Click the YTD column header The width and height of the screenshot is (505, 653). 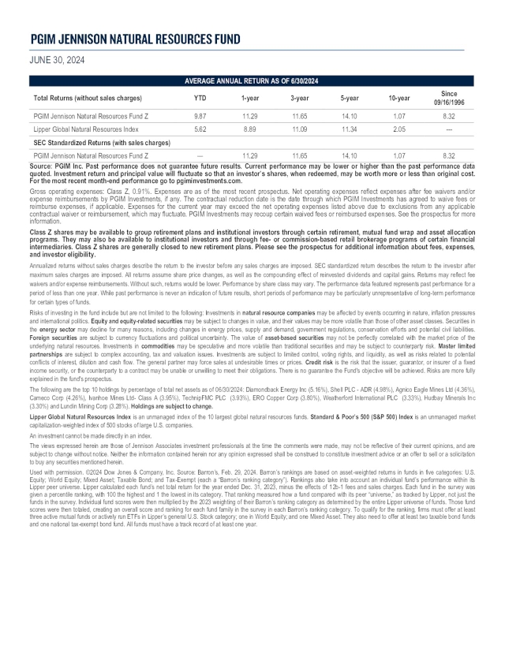coord(200,98)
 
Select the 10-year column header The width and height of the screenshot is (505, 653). coord(399,98)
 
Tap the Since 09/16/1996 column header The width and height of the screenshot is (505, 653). coord(449,98)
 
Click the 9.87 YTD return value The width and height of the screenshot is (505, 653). coord(200,115)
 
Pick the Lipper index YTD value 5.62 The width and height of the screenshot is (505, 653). coord(200,129)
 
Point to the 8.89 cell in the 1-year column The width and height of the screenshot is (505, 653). coord(249,129)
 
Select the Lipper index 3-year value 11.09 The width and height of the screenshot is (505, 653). coord(299,129)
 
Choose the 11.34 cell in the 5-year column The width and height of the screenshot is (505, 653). coord(349,129)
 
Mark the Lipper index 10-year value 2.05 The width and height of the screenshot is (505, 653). coord(399,129)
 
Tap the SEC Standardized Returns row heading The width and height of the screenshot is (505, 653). coord(102,142)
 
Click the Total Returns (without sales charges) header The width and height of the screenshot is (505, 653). coord(88,98)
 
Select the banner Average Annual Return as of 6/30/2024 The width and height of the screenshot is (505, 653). coord(252,81)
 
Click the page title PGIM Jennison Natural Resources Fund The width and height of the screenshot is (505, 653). coord(135,39)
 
